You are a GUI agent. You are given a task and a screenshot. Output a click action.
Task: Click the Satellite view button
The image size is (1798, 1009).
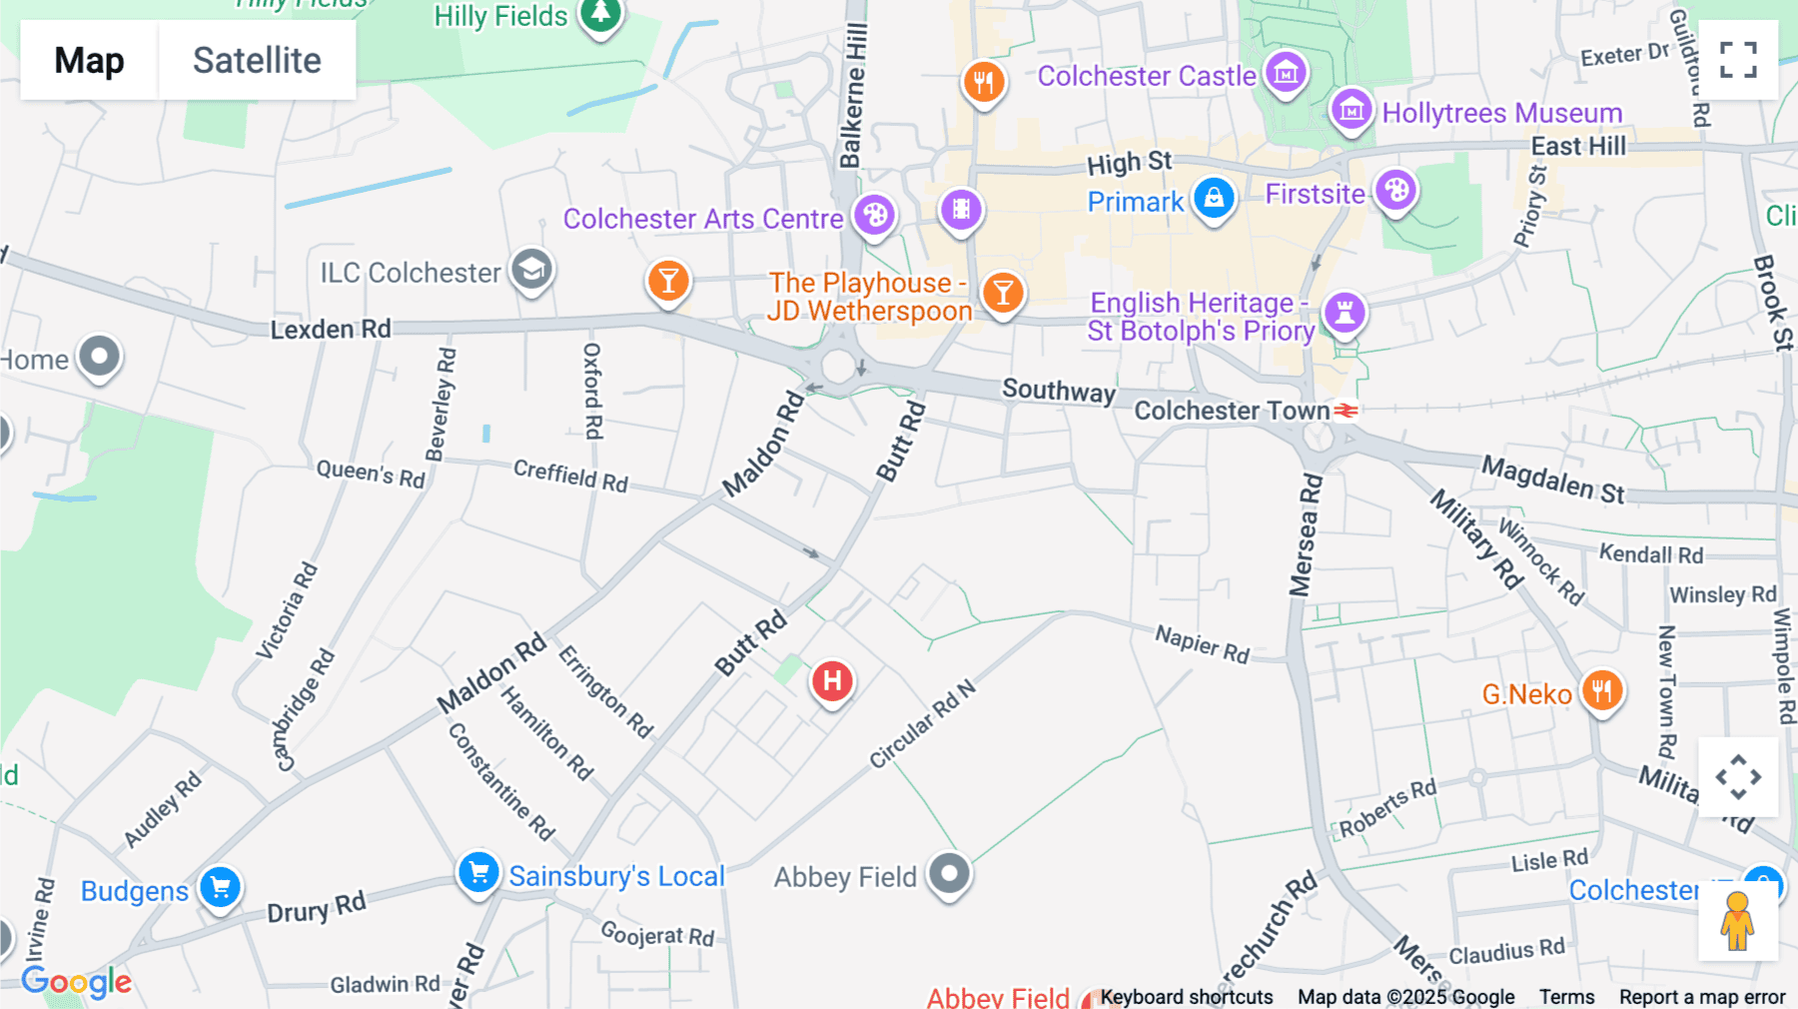click(257, 60)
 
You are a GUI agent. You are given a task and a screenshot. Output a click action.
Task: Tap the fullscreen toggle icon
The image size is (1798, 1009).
click(1738, 60)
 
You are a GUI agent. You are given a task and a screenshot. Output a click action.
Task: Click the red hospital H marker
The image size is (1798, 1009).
click(832, 682)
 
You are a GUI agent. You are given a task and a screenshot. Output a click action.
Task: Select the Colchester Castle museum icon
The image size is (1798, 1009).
click(1286, 73)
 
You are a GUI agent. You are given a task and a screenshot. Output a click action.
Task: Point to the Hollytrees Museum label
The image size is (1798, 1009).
click(1501, 113)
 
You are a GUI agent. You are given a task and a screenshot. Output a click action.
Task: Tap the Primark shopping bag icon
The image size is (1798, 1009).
click(1214, 198)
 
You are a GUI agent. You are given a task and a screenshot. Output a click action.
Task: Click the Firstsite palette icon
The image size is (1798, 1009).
click(1395, 190)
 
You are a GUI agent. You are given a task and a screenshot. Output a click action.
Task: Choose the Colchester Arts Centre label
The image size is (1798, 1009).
click(703, 219)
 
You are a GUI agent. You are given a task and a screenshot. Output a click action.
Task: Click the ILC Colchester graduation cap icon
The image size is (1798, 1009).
click(531, 270)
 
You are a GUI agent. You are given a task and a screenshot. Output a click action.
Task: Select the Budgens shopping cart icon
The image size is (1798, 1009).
click(220, 887)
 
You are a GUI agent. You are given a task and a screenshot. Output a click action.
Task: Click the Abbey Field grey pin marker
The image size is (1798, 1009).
click(949, 874)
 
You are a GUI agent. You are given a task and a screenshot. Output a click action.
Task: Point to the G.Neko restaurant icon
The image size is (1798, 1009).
click(1601, 690)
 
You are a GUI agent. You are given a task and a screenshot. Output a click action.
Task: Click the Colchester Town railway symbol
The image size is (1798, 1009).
click(1347, 411)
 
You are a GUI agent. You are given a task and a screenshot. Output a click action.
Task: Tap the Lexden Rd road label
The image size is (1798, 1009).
click(331, 329)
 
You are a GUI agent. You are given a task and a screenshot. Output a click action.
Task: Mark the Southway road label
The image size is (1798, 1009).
click(1059, 390)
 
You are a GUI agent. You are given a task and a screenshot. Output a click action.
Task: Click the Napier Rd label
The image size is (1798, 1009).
click(1202, 643)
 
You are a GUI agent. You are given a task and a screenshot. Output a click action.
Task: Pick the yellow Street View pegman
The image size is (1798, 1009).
click(1737, 920)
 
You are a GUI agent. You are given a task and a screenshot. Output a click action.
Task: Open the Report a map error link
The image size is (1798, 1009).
click(1701, 997)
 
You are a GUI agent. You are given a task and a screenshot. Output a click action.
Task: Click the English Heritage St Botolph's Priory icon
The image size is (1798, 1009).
click(1345, 312)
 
